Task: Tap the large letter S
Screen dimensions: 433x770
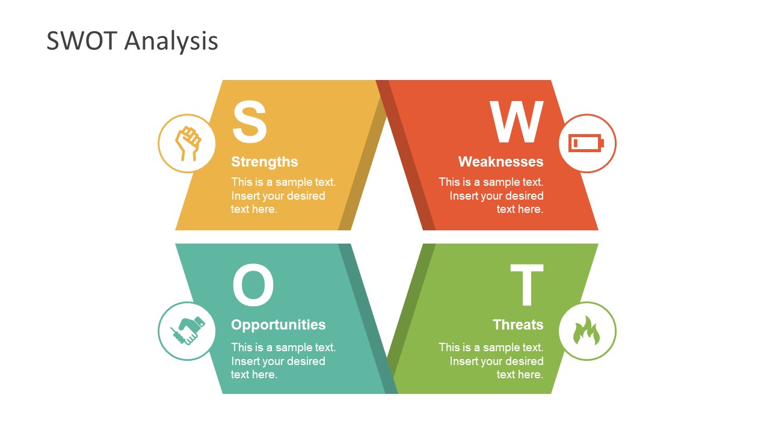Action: coord(249,122)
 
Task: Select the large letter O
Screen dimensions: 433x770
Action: coord(253,286)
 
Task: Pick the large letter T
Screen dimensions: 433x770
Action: coord(526,286)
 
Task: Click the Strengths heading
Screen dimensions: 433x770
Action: coord(264,162)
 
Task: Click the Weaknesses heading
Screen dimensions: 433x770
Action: coord(500,162)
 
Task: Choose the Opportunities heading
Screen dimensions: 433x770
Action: coord(278,325)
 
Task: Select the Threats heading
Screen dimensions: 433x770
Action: coord(517,325)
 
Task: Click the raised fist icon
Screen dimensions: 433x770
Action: coord(187,143)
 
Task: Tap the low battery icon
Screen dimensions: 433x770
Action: coord(587,143)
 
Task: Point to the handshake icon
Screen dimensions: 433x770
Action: coord(187,331)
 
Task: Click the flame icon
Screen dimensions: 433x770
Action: coord(587,331)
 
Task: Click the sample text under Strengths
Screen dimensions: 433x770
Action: coord(283,195)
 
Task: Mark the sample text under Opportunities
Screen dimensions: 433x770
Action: coord(283,361)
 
